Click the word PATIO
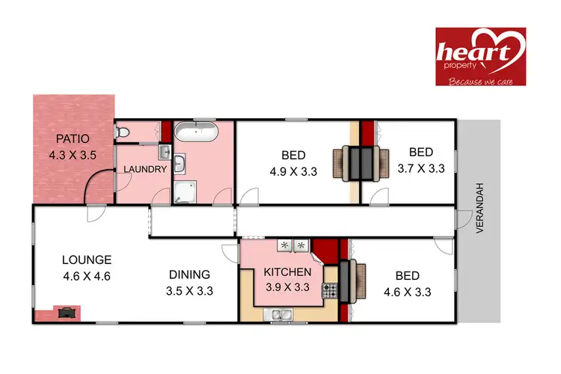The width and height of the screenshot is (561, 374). coord(73,138)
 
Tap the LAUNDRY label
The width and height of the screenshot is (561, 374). coord(145,169)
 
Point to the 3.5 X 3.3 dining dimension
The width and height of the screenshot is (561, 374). coord(189,291)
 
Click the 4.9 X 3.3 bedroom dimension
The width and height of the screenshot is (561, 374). coord(294,171)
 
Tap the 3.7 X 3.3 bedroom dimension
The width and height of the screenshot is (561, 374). coord(421,168)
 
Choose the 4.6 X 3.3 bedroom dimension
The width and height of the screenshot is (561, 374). coord(406,292)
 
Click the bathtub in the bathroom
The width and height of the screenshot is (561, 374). coord(197,135)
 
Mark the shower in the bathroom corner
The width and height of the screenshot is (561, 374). coord(183,193)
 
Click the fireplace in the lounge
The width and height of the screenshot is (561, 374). coord(67,312)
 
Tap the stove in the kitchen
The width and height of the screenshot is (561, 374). coord(330,289)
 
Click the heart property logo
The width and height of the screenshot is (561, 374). coord(480,56)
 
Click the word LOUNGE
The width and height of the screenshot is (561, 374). coord(87,260)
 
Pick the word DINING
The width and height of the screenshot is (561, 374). coord(188,275)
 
